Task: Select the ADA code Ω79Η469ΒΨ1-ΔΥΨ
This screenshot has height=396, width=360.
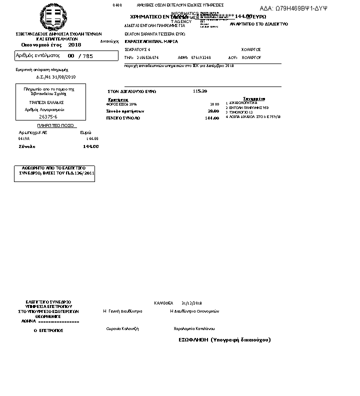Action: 293,8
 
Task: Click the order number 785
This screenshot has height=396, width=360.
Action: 88,55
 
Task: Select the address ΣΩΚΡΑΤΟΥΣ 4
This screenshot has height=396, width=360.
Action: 137,49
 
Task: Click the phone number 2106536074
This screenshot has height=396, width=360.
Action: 147,57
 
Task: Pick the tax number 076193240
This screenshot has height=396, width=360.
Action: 201,57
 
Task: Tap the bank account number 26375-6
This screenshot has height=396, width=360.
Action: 48,116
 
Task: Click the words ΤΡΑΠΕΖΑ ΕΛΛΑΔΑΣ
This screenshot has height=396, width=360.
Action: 45,102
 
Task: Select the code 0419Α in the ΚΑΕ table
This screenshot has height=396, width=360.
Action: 24,138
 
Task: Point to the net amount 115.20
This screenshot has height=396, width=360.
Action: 200,91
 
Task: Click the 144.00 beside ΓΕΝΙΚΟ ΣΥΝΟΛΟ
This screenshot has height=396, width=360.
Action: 212,118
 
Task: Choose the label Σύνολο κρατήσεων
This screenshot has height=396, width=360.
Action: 125,110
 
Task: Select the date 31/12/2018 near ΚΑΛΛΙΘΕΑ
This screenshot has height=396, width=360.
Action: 191,303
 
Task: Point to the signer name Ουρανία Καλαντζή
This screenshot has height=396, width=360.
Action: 122,328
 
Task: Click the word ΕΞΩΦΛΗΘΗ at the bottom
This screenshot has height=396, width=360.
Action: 193,339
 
